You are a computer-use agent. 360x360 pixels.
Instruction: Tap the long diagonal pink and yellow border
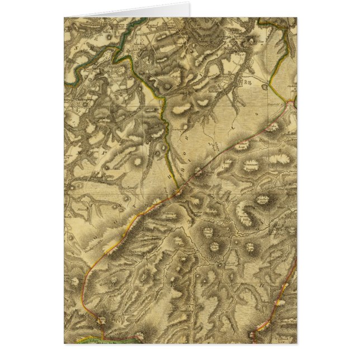click(140, 224)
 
